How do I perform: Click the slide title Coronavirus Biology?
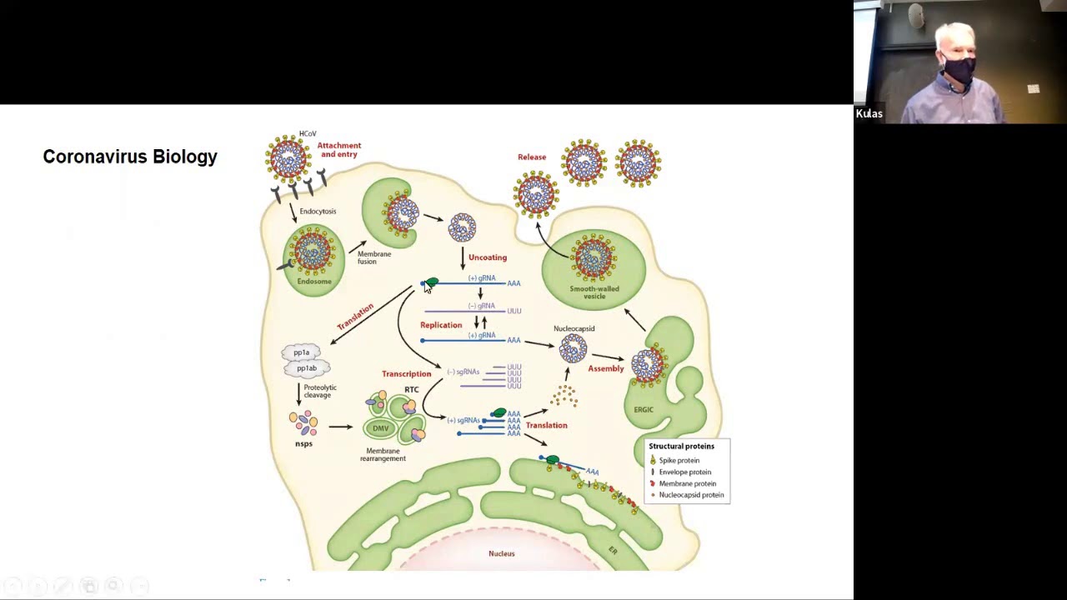[130, 157]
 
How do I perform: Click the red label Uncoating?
[488, 257]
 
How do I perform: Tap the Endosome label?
[314, 282]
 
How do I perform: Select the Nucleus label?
[502, 553]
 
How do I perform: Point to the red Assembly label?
[606, 368]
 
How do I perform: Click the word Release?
[532, 157]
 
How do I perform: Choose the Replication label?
[441, 325]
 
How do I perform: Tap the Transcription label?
[407, 374]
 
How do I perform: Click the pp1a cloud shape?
[302, 352]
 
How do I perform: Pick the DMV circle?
[381, 428]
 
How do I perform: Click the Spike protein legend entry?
[679, 460]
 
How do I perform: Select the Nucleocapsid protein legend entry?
[691, 495]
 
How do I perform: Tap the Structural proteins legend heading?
[681, 447]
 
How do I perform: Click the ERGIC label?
[644, 410]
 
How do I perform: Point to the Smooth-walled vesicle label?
[594, 292]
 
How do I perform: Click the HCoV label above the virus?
[308, 134]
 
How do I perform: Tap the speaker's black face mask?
[959, 71]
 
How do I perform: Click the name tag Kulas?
[869, 114]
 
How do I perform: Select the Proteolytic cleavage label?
[320, 391]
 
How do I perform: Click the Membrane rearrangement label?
[383, 455]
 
